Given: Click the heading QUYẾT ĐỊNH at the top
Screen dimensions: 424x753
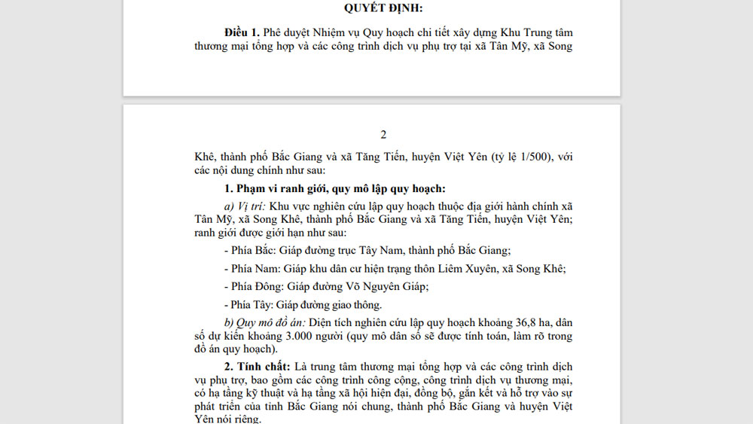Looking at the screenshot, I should pos(383,8).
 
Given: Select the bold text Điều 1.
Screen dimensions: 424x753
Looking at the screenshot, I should pos(242,32).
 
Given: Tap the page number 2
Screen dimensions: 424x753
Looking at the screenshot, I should pos(383,136).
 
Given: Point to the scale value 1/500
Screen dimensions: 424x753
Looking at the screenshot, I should pos(535,157).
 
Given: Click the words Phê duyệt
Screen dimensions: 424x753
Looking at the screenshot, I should pos(286,32).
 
